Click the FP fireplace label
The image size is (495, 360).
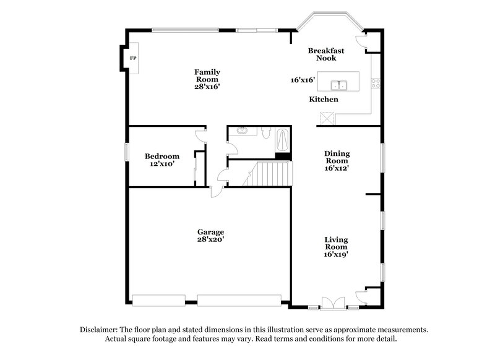pos(132,58)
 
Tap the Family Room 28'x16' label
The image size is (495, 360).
pos(208,80)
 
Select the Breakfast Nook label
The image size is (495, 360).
pos(326,54)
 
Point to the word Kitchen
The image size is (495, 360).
pos(324,99)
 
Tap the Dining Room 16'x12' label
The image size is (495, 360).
pos(337,161)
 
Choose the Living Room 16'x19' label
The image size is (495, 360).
pos(336,246)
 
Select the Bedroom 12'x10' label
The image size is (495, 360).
pos(162,160)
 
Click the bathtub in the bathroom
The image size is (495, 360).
pos(282,139)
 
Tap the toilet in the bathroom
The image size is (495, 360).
pos(264,132)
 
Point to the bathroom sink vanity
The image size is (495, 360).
pos(242,131)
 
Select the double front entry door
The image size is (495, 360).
pos(335,304)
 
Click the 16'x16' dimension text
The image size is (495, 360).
pos(303,80)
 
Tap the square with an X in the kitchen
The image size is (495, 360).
pos(327,118)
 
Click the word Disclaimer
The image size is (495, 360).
pos(100,330)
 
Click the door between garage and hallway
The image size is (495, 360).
pos(217,189)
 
